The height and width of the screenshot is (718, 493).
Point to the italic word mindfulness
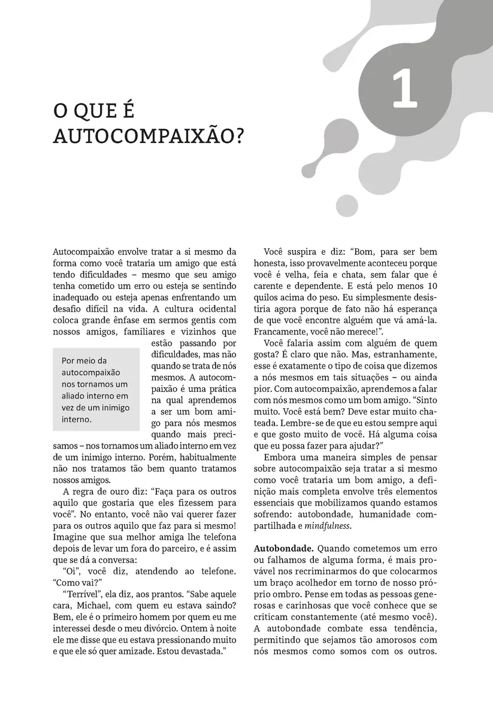pos(327,527)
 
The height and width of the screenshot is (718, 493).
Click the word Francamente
pos(282,330)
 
